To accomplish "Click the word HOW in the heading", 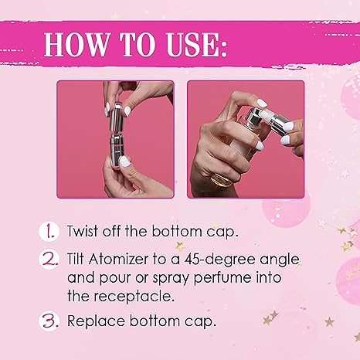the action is [x=76, y=44].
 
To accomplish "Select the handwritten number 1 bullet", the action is [x=49, y=231].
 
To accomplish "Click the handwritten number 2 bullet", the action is [x=49, y=259].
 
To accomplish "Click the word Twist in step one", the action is [x=83, y=231].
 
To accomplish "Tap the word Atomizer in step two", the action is [x=118, y=259].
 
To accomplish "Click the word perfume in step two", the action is [x=222, y=278].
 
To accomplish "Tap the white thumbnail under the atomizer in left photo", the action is [x=124, y=162].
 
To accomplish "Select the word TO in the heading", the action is [x=138, y=44].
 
